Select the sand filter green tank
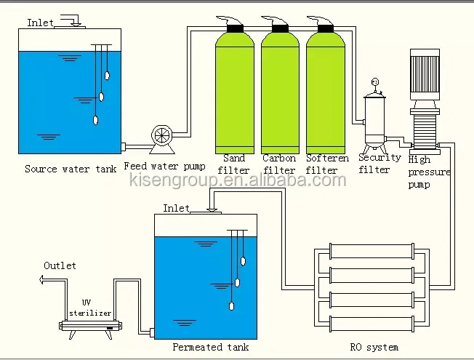click(236, 91)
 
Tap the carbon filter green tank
click(280, 91)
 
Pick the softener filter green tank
click(324, 91)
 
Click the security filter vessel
click(375, 120)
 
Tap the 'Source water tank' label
click(70, 169)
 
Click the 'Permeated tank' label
click(211, 347)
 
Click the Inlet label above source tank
click(40, 23)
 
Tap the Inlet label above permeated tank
click(176, 208)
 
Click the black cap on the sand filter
click(236, 27)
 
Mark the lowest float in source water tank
click(95, 121)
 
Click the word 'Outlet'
click(60, 265)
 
